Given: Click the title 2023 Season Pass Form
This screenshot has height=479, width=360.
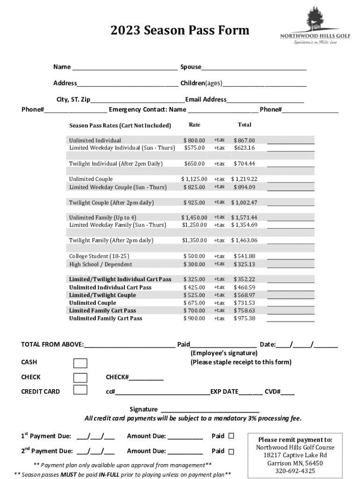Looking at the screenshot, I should pos(180,31).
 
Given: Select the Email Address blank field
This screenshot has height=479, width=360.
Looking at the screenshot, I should pos(265,100).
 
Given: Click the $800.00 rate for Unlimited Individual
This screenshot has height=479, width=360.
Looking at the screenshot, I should pos(194,140).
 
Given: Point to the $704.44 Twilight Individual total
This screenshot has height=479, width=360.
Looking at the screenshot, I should pos(244,164).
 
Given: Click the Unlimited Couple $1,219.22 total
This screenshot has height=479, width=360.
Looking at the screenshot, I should pos(244,179).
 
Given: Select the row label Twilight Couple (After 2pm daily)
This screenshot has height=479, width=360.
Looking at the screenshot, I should pos(111,203).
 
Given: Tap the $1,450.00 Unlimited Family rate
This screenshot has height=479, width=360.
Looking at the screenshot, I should pos(194,218).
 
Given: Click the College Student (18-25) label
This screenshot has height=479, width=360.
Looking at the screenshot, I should pos(99,256).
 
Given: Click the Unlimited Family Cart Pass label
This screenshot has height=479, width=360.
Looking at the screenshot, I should pos(106,319).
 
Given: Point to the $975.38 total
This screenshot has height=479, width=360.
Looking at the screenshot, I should pos(244,319).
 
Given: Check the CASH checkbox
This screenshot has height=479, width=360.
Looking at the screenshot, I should pos(80,363).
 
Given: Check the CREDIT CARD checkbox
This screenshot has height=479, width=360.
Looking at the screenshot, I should pos(80,390).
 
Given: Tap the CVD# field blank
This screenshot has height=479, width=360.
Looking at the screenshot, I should pos(288,392).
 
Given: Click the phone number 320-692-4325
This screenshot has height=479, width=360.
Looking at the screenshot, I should pos(295,471).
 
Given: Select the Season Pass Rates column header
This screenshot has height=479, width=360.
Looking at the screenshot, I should pos(120,126).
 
